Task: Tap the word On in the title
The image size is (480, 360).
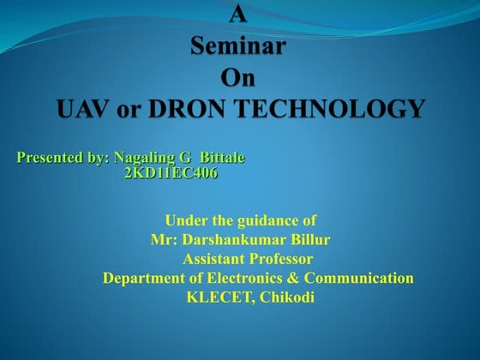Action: pos(239,78)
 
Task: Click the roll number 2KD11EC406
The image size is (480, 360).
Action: pos(171,173)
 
